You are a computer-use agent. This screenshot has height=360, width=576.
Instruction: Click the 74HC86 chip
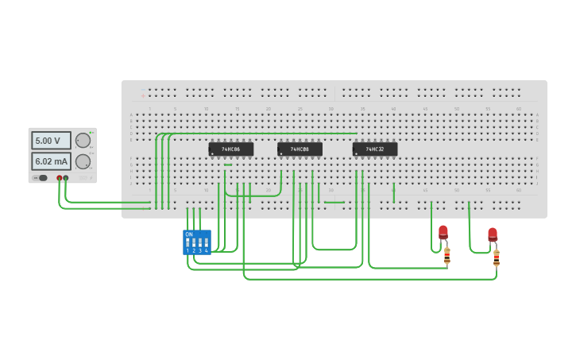point(231,149)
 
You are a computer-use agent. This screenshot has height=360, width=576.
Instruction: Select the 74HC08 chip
point(300,149)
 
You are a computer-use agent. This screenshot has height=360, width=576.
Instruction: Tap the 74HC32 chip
point(375,149)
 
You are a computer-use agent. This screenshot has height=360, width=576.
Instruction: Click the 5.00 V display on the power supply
point(51,141)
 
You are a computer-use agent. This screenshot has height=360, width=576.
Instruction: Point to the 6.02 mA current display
point(51,161)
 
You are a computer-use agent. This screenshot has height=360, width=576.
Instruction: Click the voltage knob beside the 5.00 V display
point(83,141)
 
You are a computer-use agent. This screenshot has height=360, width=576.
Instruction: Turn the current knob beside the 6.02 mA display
point(83,161)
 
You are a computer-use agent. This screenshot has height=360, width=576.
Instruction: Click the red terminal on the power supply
point(59,178)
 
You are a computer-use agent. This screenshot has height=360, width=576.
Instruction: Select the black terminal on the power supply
point(66,178)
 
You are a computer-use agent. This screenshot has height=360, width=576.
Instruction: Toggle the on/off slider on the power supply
point(42,178)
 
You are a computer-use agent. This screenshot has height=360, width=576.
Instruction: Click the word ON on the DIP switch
point(187,234)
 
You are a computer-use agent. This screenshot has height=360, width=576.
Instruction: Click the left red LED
point(443,232)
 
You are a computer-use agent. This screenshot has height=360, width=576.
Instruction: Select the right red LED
point(493,234)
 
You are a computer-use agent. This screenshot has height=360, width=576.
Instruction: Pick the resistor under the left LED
point(446,255)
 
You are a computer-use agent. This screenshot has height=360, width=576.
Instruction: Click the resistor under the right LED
point(497,257)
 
